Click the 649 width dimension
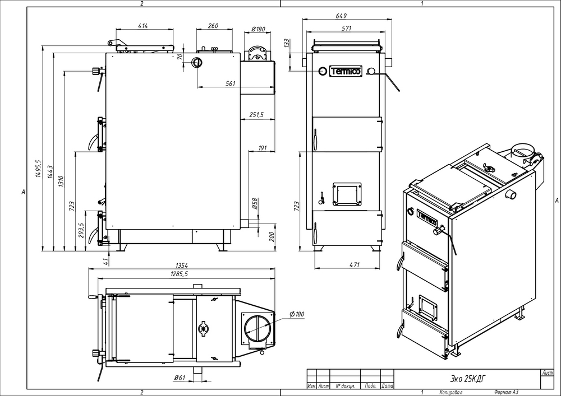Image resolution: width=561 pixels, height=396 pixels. coord(341,16)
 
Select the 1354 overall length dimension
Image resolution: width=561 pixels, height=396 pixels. coord(182,265)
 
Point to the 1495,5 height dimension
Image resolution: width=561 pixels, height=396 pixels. coord(38,169)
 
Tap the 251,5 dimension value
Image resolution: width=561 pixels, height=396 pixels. coord(256,115)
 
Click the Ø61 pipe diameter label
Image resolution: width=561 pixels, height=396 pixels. coord(180,378)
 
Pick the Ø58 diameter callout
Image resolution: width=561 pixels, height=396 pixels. coord(255,203)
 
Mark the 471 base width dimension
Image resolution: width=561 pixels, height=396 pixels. coord(354,264)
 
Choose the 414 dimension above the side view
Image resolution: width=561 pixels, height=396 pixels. coord(142,26)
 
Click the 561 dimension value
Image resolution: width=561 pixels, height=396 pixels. coord(231,83)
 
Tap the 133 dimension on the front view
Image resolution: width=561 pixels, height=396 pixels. coord(286,43)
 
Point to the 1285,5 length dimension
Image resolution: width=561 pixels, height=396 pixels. coord(180,274)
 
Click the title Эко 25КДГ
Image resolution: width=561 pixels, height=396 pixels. coord(468,378)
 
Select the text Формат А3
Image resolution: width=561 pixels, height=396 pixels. coord(506,393)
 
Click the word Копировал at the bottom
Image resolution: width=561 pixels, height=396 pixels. coord(451,393)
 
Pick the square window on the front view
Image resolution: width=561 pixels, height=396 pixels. coord(347,194)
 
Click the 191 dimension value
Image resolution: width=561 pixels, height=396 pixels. coord(262,148)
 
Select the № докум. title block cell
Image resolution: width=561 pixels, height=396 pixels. coord(345,386)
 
